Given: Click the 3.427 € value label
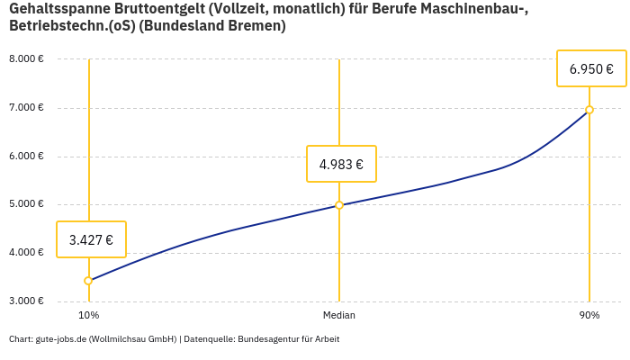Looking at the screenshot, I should coord(91,239).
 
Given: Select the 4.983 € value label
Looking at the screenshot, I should coord(341,164).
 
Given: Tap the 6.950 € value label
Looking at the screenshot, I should coord(591,68).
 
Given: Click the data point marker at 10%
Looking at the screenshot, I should coord(88,281).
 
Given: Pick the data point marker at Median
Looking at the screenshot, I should coord(339,205).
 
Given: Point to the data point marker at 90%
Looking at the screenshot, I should coord(589,110).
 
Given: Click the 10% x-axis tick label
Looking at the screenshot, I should coord(88,315).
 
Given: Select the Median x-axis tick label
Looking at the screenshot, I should coord(339,315).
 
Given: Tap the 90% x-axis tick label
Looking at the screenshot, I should coord(589,315).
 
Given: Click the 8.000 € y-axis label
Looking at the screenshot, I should coord(26,59).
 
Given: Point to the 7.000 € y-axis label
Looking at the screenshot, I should coord(26,108).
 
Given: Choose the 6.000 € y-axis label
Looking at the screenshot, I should coord(26,156).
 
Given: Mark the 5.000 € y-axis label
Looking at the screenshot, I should coord(26,204).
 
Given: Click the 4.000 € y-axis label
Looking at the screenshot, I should coord(26,252).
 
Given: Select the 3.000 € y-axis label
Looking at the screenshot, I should coord(26,301).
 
